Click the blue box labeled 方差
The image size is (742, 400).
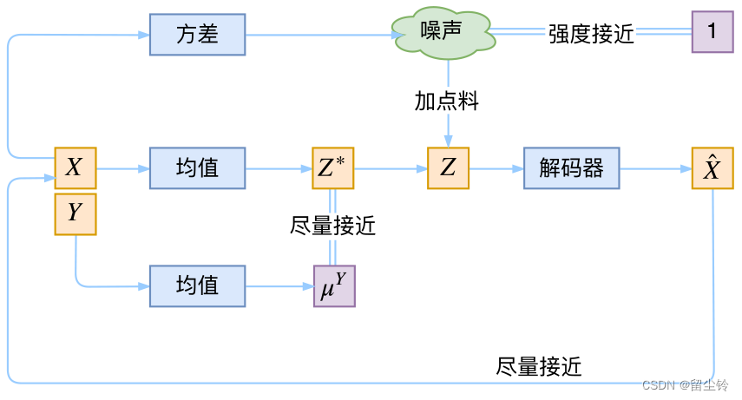pyautogui.click(x=197, y=35)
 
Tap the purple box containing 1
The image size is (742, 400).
pyautogui.click(x=712, y=33)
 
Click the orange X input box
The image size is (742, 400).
pyautogui.click(x=76, y=167)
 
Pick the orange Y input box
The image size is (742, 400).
pyautogui.click(x=76, y=213)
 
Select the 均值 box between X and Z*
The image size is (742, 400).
pyautogui.click(x=197, y=167)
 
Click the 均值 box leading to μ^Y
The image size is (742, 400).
pyautogui.click(x=197, y=285)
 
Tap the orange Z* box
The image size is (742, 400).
pyautogui.click(x=333, y=167)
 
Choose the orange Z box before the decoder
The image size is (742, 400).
pyautogui.click(x=448, y=167)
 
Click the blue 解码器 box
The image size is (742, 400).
pyautogui.click(x=571, y=167)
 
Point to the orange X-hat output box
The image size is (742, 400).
pyautogui.click(x=712, y=167)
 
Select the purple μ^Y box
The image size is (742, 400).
pyautogui.click(x=334, y=285)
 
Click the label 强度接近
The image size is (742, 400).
pyautogui.click(x=591, y=34)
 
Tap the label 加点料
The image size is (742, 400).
pyautogui.click(x=447, y=102)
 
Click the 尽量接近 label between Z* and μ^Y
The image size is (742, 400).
pyautogui.click(x=332, y=226)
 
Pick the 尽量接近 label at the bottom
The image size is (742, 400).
pyautogui.click(x=539, y=366)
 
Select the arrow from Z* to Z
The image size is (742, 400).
pyautogui.click(x=391, y=167)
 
